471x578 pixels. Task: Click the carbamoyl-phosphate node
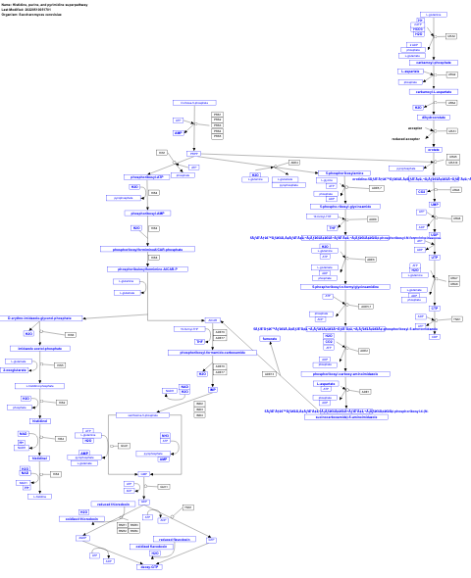tap(433, 62)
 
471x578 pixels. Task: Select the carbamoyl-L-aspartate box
tap(433, 91)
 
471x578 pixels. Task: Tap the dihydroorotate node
tap(433, 117)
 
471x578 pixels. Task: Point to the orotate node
tap(434, 149)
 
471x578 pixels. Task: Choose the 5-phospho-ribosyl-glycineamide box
tap(340, 207)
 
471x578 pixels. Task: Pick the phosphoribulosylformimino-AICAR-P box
tap(147, 268)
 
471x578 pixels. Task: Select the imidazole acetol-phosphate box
tap(39, 348)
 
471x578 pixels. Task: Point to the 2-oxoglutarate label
tap(15, 370)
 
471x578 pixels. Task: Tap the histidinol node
tap(39, 420)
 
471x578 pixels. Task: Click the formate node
tap(270, 337)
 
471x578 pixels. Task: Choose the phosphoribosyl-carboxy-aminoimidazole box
tap(339, 373)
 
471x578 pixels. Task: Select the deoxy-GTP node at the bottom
tap(148, 566)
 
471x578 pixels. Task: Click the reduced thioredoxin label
tap(113, 504)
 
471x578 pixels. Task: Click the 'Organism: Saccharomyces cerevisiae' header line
tap(38, 16)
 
